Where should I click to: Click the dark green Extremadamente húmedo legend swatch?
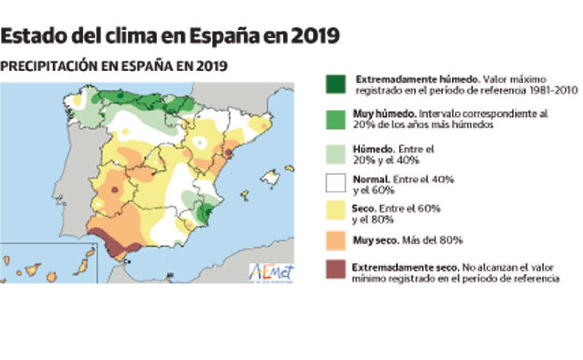pyautogui.click(x=335, y=84)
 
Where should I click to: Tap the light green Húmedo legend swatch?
pyautogui.click(x=335, y=154)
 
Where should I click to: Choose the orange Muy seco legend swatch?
pyautogui.click(x=335, y=240)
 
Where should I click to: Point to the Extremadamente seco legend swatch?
pyautogui.click(x=335, y=269)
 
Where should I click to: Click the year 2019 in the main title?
pyautogui.click(x=315, y=36)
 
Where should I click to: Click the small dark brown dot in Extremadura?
pyautogui.click(x=114, y=190)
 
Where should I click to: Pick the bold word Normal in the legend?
pyautogui.click(x=371, y=179)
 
